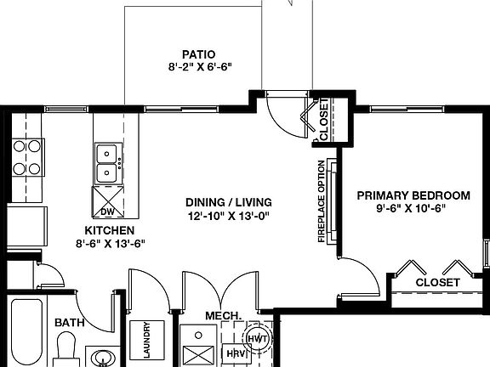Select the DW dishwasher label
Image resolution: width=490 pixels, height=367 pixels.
coord(107,212)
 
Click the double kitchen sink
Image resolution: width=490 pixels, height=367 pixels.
coord(107,163)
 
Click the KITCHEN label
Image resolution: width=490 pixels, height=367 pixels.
coord(109,230)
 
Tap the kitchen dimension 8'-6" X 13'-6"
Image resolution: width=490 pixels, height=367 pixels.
coord(109,242)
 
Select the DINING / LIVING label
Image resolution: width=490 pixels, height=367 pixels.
coord(228,202)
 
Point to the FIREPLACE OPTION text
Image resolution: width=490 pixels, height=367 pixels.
coord(322,201)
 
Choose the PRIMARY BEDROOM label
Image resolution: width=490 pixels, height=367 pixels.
coord(413,195)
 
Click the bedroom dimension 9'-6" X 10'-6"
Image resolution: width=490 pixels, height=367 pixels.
coord(413,207)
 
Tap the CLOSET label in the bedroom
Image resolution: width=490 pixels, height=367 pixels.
coord(437,282)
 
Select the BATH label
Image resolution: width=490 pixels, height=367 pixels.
coord(70,323)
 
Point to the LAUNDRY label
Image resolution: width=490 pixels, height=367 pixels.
coord(147,341)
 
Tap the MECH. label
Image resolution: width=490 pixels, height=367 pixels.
coord(223,316)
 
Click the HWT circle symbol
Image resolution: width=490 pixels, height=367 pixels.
coord(257,361)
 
